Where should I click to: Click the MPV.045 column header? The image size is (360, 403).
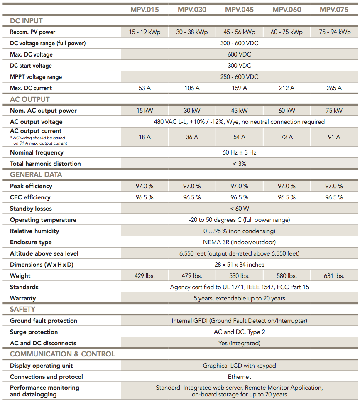239,10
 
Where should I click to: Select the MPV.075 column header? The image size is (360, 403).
334,10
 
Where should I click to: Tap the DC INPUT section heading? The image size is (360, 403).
26,21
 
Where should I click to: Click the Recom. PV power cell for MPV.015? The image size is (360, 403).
144,32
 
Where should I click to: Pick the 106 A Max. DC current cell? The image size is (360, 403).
192,88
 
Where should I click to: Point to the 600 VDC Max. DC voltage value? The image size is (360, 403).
239,54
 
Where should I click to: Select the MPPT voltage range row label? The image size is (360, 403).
36,77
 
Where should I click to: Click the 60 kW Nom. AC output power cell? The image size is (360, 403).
287,111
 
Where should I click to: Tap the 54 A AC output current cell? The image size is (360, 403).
239,137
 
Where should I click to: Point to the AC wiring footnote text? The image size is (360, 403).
38,140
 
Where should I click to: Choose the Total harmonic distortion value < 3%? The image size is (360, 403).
239,164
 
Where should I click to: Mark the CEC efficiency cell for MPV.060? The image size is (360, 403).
287,197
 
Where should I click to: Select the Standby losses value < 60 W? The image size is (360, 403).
239,209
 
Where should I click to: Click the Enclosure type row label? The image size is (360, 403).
31,242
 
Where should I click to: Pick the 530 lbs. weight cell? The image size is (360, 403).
239,276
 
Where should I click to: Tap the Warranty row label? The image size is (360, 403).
23,298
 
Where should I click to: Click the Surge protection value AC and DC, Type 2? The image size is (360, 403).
239,332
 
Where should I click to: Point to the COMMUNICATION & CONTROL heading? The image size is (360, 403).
62,354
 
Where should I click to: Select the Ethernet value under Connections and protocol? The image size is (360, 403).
239,377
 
